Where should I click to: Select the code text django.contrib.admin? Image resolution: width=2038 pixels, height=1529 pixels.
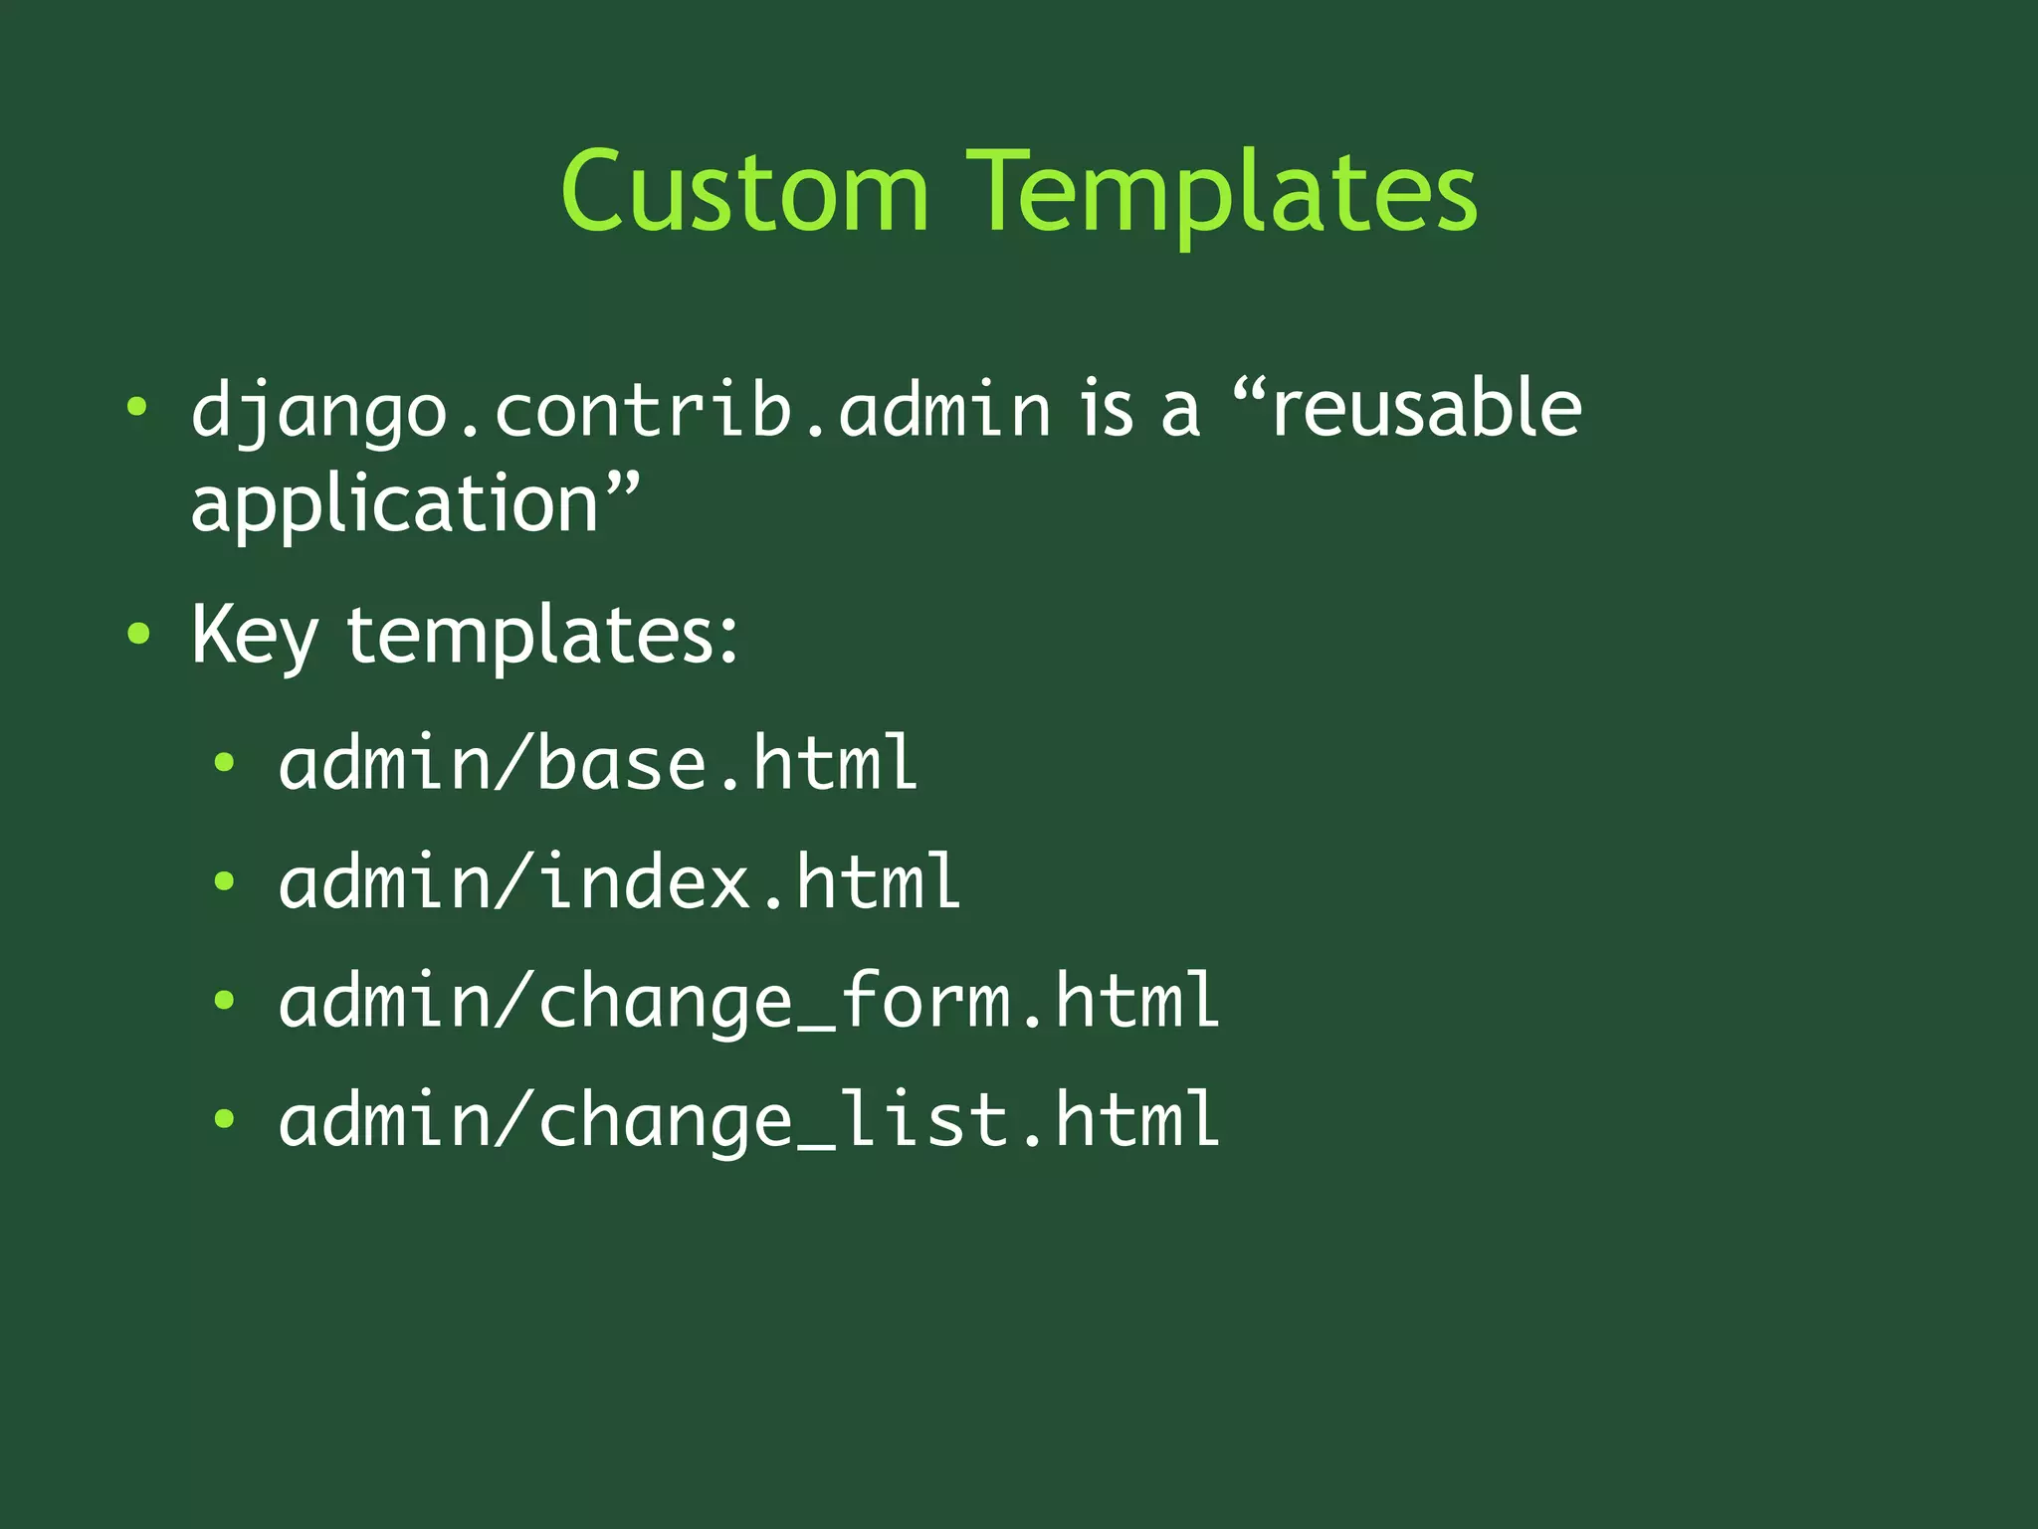(620, 410)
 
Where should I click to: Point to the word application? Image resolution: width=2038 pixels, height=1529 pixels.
(395, 504)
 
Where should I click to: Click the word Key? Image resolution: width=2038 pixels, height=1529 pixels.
(254, 635)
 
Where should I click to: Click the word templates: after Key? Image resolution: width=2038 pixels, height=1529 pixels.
(541, 635)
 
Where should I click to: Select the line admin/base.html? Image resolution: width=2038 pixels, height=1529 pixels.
(597, 763)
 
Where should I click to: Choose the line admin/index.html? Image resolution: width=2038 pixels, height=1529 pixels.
(619, 882)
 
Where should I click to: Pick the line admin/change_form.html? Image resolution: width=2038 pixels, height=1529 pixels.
(748, 1001)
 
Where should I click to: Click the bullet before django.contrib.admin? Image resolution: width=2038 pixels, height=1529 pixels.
(137, 407)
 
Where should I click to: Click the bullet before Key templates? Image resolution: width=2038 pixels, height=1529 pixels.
(138, 634)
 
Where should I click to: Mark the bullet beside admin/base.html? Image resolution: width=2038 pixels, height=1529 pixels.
(225, 763)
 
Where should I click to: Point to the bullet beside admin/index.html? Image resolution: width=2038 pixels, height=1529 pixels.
(225, 881)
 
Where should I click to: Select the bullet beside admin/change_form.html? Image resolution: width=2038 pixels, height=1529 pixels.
(225, 1000)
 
